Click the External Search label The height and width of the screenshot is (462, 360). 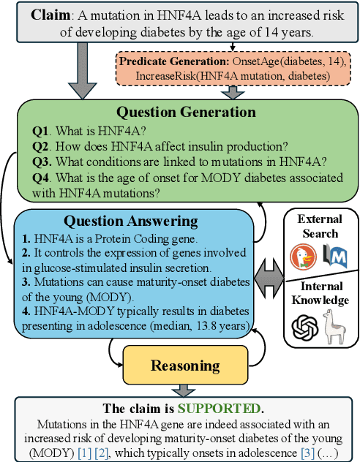click(319, 226)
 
